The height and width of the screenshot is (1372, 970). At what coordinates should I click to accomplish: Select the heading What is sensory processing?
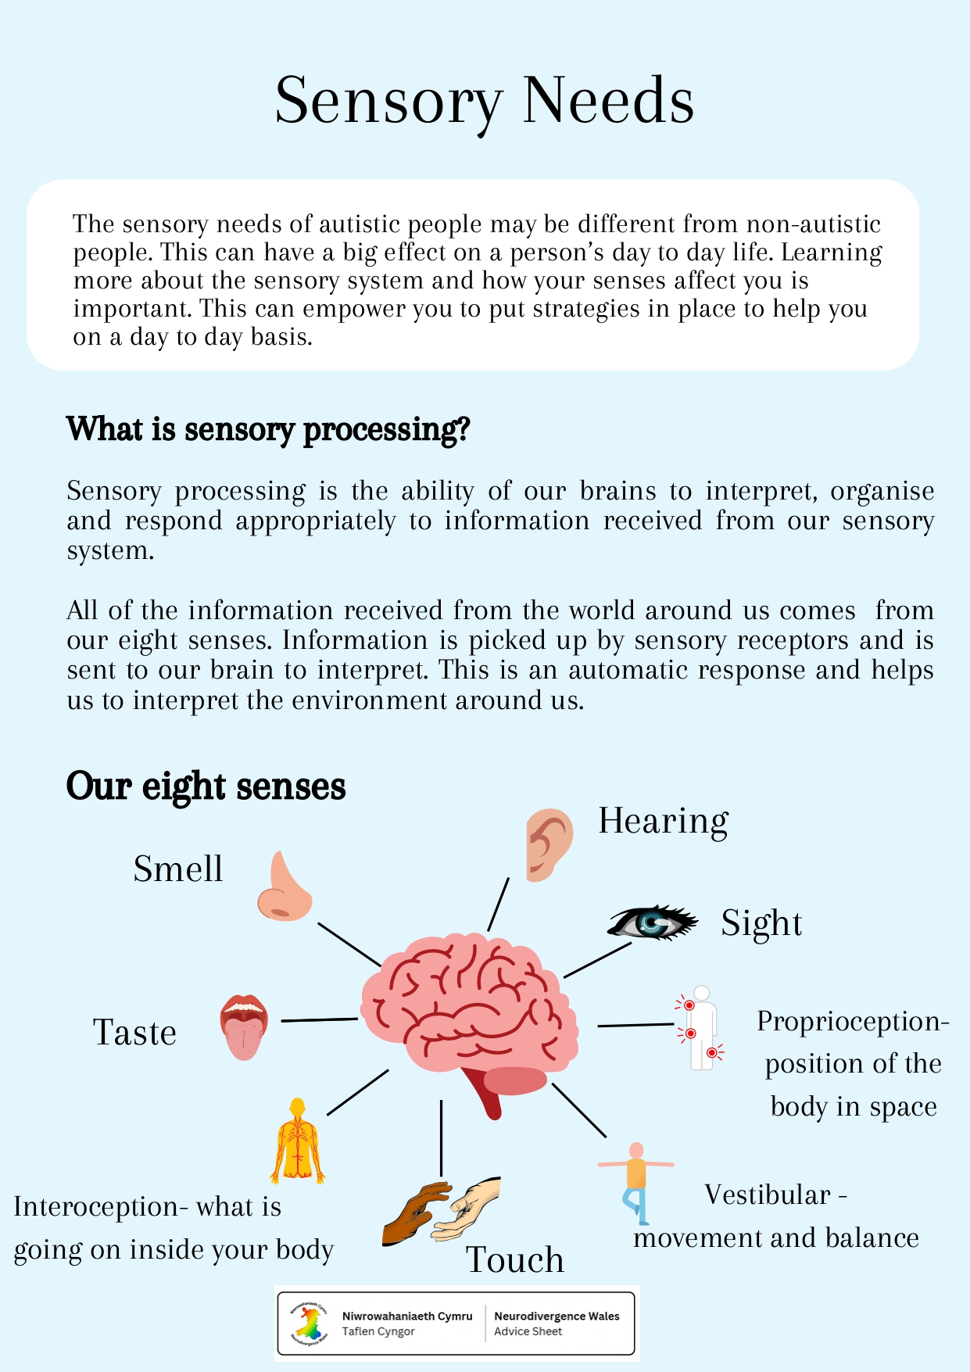click(268, 429)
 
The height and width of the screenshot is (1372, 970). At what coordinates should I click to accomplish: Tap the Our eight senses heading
click(206, 786)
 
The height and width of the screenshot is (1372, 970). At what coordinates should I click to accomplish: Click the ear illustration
click(549, 844)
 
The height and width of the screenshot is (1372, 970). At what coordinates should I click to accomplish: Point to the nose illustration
click(284, 888)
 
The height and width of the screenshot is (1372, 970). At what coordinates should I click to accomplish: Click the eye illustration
click(652, 922)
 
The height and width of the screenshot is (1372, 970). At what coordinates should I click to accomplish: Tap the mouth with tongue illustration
click(244, 1026)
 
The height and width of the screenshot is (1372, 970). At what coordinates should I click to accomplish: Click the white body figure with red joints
click(700, 1028)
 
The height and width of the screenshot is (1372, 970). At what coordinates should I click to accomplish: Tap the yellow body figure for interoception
click(298, 1141)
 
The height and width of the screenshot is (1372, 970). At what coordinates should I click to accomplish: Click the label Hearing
click(664, 822)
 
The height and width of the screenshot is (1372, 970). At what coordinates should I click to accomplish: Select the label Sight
click(761, 923)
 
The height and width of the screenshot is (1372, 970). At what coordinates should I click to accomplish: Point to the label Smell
click(178, 869)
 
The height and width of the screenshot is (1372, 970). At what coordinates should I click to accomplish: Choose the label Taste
click(135, 1033)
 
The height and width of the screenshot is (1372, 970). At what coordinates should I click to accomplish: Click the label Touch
click(515, 1259)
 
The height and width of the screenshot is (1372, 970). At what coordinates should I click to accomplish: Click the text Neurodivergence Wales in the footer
click(557, 1316)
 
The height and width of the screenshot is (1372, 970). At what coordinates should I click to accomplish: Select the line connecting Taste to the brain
click(319, 1019)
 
